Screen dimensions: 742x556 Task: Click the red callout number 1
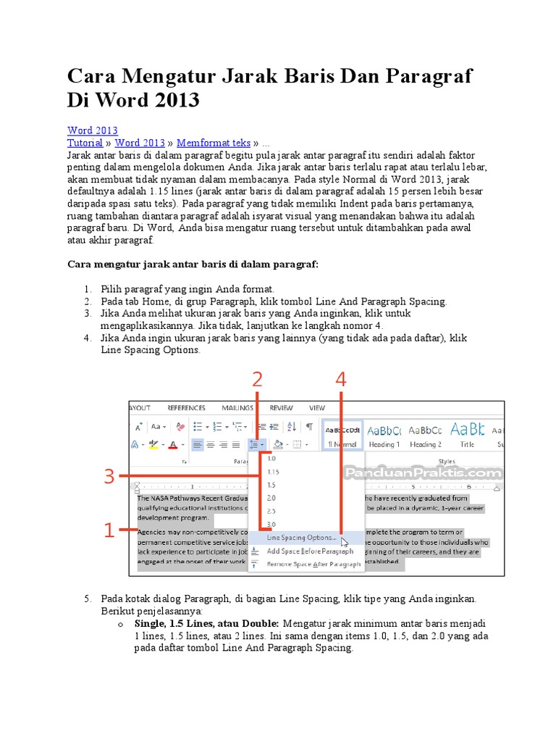108,531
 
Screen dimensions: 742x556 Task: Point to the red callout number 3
109,476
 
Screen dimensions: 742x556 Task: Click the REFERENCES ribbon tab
186,408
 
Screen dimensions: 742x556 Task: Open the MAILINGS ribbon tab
237,408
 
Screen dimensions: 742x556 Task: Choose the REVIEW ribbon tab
281,408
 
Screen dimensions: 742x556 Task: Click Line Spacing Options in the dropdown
301,538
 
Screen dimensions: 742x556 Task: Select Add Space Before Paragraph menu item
310,551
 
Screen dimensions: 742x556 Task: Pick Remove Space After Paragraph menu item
313,564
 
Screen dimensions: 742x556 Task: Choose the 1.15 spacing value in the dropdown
273,472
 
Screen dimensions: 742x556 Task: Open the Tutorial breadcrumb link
85,143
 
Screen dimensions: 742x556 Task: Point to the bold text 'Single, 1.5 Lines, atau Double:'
207,623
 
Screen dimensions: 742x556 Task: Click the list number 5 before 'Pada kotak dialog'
87,599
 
